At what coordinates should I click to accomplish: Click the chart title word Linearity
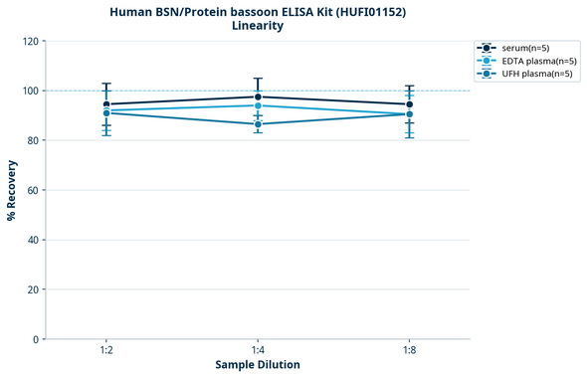click(x=258, y=26)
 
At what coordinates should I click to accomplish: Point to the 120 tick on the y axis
click(x=31, y=41)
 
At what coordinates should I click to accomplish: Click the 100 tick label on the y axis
click(x=31, y=91)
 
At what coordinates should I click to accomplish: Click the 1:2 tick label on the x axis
click(x=106, y=351)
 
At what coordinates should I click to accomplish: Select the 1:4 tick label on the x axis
click(x=258, y=351)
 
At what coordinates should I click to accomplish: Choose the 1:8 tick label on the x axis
click(x=409, y=351)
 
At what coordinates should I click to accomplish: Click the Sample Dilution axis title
click(x=258, y=365)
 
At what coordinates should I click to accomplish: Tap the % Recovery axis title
click(x=12, y=189)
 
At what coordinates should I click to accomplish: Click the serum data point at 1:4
click(x=258, y=96)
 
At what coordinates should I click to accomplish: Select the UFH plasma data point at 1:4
click(x=258, y=124)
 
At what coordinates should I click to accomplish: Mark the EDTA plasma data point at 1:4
click(x=258, y=105)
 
